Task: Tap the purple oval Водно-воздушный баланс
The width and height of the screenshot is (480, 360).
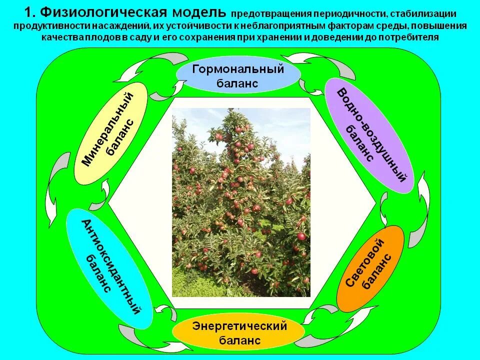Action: click(x=369, y=135)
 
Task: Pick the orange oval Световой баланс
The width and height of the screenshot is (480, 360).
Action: click(x=370, y=268)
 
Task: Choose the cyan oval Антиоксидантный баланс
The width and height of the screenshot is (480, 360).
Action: click(x=109, y=268)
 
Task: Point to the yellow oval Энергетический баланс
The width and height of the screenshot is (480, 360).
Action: click(x=239, y=333)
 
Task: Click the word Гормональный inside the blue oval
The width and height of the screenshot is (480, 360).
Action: click(x=238, y=69)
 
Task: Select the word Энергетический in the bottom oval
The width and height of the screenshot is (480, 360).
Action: click(x=239, y=326)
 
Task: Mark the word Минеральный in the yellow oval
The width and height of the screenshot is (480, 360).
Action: click(x=107, y=129)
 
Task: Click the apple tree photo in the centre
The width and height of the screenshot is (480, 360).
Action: click(x=241, y=203)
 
